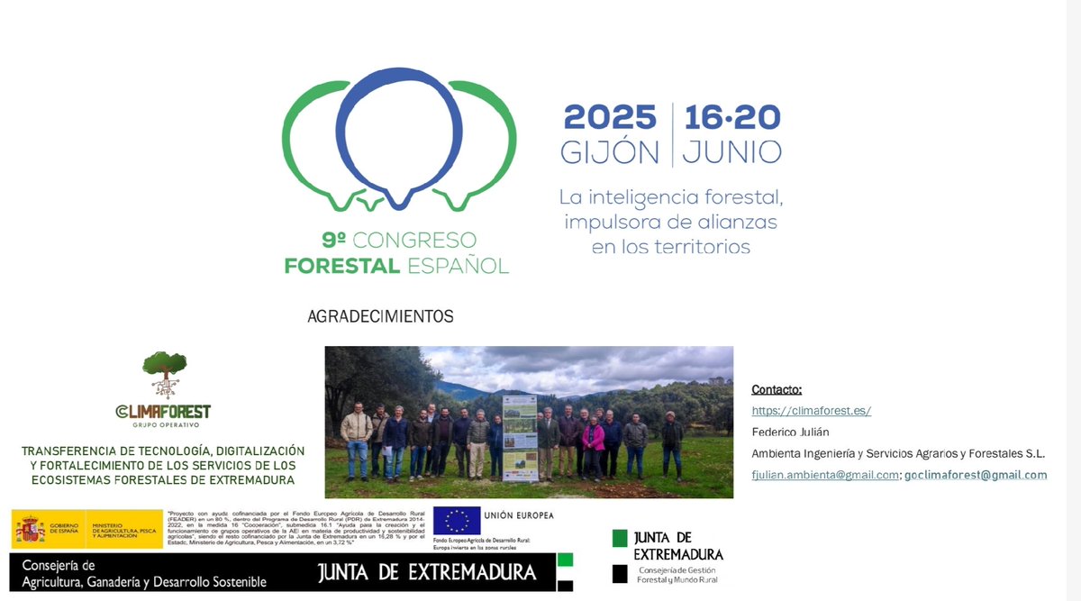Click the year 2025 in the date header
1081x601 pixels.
pyautogui.click(x=610, y=117)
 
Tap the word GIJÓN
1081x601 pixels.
pyautogui.click(x=610, y=152)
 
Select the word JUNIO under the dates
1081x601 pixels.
pyautogui.click(x=731, y=152)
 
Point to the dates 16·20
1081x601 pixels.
pyautogui.click(x=731, y=117)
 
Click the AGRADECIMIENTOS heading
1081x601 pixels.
pyautogui.click(x=380, y=317)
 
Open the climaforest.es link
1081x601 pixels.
pyautogui.click(x=812, y=411)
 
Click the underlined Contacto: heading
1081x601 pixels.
pyautogui.click(x=777, y=389)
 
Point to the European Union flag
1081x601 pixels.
pyautogui.click(x=457, y=522)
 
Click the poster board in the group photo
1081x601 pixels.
pyautogui.click(x=520, y=436)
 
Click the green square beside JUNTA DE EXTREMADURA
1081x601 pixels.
pyautogui.click(x=620, y=538)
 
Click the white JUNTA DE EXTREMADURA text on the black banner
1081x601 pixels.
pyautogui.click(x=426, y=573)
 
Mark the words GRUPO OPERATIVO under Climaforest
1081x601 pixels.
pyautogui.click(x=164, y=423)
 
